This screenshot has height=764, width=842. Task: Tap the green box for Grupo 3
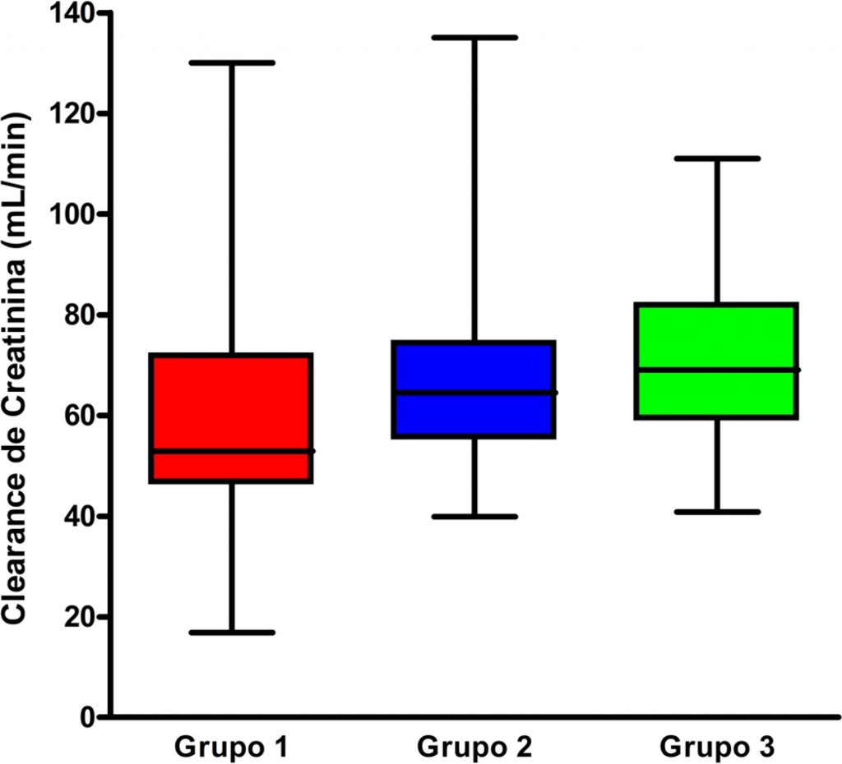click(717, 337)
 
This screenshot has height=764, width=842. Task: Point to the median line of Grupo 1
click(231, 451)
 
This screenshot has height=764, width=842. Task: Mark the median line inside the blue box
click(474, 393)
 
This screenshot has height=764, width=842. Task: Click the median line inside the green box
click(717, 370)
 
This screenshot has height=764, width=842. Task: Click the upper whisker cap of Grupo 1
click(231, 62)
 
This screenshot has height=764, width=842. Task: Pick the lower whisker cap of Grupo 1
click(231, 633)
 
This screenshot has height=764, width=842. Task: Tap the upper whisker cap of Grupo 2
click(474, 37)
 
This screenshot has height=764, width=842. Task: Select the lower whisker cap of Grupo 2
click(474, 517)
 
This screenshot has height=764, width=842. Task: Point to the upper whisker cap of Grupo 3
click(717, 158)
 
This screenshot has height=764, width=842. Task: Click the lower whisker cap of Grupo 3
click(717, 512)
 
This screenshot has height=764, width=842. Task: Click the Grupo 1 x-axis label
click(231, 748)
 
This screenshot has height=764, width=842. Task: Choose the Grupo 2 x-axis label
click(474, 748)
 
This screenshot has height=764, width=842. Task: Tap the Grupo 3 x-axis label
click(717, 748)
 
